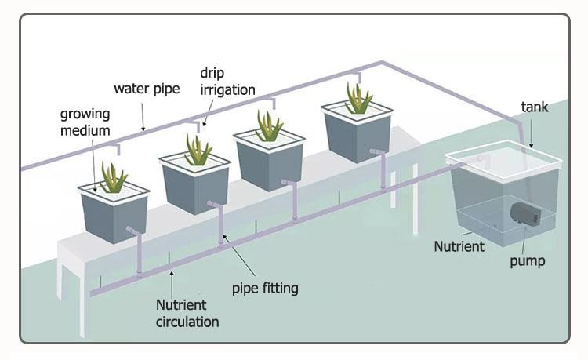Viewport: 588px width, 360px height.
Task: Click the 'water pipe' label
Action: click(147, 89)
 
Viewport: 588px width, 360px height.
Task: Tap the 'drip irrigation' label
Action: click(227, 82)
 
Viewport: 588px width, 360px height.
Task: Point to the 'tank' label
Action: click(535, 107)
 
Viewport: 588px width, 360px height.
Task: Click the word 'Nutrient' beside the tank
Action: click(459, 245)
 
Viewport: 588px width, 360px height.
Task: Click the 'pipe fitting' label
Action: click(266, 288)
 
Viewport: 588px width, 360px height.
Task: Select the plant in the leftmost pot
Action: click(114, 179)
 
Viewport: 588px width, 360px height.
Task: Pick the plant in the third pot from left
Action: click(269, 127)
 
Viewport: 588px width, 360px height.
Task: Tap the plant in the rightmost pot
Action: click(358, 100)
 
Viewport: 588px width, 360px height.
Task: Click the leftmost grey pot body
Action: click(114, 216)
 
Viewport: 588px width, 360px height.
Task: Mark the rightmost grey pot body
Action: click(357, 138)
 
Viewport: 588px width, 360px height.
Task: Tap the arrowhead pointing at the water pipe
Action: click(143, 127)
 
